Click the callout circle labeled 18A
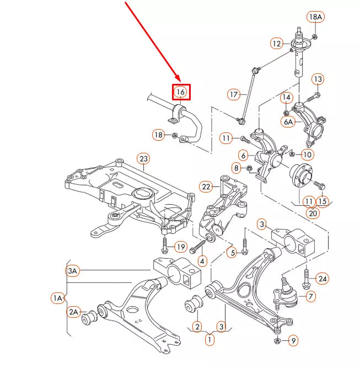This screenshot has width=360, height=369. click(315, 17)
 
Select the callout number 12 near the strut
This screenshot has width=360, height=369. click(277, 43)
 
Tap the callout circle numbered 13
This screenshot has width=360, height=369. click(318, 79)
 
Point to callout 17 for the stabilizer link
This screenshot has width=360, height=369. click(234, 95)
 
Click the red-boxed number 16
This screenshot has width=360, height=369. click(181, 92)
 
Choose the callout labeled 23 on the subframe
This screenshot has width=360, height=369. click(143, 159)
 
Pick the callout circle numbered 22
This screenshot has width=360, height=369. click(206, 186)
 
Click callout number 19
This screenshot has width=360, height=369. click(181, 246)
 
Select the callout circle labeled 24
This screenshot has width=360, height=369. click(323, 279)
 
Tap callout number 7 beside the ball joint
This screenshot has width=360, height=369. click(311, 297)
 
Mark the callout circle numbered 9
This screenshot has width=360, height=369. click(293, 340)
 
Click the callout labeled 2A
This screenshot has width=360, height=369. click(74, 312)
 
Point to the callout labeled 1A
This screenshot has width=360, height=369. click(58, 298)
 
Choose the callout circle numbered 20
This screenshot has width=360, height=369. click(313, 213)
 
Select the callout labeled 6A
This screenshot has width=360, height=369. click(288, 122)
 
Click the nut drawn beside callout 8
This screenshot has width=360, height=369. click(249, 168)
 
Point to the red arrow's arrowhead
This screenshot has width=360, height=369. click(178, 80)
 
